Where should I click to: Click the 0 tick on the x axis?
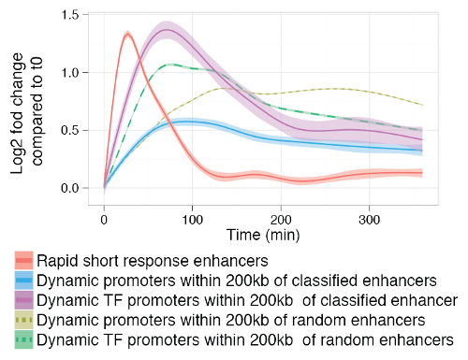tap(104, 218)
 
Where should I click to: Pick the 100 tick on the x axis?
tap(193, 218)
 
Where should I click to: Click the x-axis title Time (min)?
tap(262, 233)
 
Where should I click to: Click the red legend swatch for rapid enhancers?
tap(27, 260)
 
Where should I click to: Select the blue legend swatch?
tap(27, 280)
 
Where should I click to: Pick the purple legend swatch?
tap(27, 299)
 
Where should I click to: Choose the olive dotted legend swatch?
tap(27, 320)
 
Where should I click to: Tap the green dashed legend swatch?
tap(27, 339)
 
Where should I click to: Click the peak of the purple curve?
tap(167, 30)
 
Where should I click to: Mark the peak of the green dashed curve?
tap(168, 65)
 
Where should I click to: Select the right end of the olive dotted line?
tap(421, 105)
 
